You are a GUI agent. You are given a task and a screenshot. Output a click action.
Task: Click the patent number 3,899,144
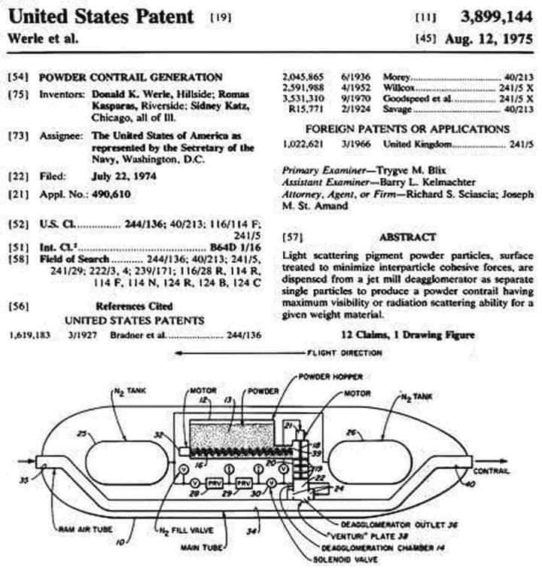(x=492, y=16)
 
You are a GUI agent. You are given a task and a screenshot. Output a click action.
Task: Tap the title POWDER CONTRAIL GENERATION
(x=130, y=77)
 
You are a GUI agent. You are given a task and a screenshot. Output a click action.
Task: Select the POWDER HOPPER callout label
(x=330, y=376)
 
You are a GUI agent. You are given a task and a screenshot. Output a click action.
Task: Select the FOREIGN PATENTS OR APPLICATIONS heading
(x=406, y=130)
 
